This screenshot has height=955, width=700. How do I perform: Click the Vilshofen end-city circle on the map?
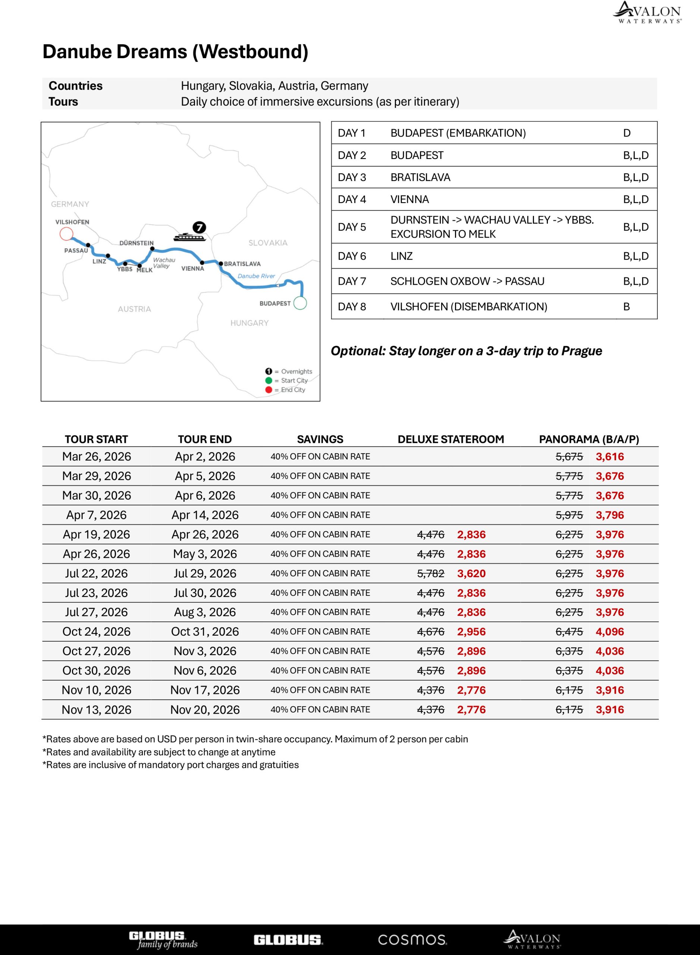click(x=66, y=234)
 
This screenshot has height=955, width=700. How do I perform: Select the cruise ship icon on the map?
click(x=189, y=237)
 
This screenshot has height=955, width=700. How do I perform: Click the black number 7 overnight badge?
click(x=199, y=227)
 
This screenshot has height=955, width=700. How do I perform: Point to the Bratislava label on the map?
click(x=242, y=264)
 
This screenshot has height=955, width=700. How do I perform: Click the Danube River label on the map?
click(x=256, y=276)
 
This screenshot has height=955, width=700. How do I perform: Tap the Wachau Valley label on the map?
click(x=164, y=263)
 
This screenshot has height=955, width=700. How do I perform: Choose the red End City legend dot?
click(x=269, y=389)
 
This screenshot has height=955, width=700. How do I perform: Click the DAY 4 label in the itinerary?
click(x=351, y=199)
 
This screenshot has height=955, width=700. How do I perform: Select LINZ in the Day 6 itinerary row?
click(x=401, y=256)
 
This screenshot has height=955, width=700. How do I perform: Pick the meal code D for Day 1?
click(x=627, y=133)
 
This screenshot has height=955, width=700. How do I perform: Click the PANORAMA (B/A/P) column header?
click(x=588, y=439)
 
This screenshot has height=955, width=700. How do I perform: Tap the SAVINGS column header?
click(x=320, y=439)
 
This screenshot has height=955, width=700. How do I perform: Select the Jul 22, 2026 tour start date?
click(x=96, y=573)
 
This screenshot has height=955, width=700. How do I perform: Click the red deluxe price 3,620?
click(x=471, y=573)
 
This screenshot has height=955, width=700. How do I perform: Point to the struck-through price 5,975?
click(x=569, y=515)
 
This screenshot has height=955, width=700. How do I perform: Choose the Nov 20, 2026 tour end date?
click(x=205, y=710)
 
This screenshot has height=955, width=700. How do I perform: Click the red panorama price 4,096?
click(x=610, y=632)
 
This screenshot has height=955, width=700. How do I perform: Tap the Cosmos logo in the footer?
click(x=412, y=939)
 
